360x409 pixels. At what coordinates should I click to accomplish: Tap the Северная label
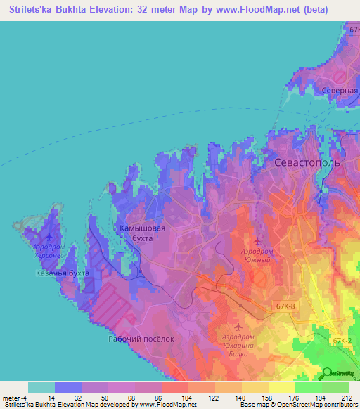click(x=335, y=91)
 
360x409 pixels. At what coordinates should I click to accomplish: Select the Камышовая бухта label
click(x=142, y=233)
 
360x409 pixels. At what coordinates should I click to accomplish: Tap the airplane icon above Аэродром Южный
click(x=257, y=241)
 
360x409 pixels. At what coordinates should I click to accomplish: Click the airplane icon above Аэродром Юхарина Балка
click(x=238, y=327)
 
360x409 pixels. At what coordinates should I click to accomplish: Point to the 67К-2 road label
click(x=342, y=341)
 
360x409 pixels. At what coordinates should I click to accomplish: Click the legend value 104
click(x=175, y=398)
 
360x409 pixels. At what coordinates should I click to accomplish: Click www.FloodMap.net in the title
click(x=274, y=9)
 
